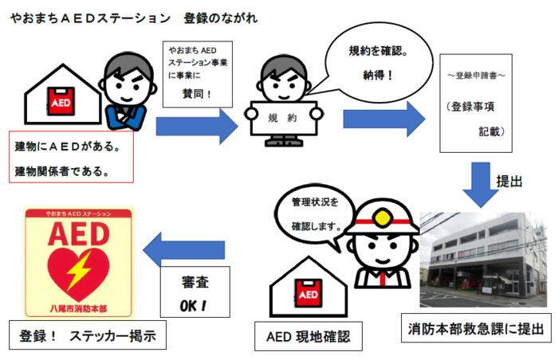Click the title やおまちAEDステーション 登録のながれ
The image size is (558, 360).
134,18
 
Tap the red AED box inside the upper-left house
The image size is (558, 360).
61,101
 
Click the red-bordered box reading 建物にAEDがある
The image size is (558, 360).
71,157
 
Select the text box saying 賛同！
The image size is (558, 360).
198,74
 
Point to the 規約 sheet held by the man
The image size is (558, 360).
284,118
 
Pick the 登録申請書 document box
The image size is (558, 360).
476,104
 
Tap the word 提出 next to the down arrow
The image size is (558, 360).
509,182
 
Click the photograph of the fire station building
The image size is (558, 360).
483,260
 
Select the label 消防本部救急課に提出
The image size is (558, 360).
476,328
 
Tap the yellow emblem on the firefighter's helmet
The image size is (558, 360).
382,217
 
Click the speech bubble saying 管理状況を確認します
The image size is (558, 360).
315,214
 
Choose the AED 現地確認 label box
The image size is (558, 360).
308,336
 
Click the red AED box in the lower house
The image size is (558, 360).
308,293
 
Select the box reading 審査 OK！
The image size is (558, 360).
195,292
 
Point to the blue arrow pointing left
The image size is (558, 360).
183,250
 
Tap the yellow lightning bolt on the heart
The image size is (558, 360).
81,269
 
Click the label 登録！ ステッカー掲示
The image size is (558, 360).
88,335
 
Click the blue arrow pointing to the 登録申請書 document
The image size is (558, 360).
384,119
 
